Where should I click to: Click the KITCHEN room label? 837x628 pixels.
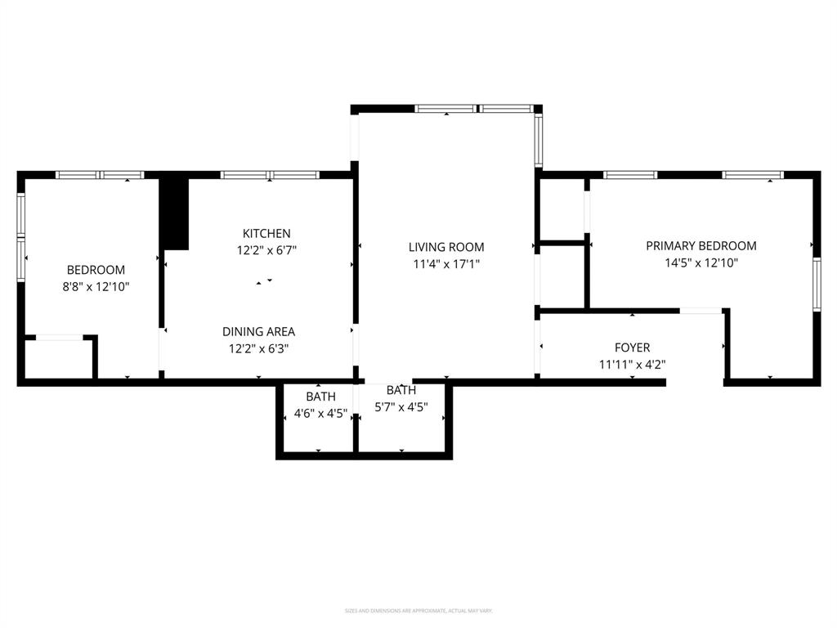[266, 234]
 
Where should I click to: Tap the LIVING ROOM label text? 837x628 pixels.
[446, 247]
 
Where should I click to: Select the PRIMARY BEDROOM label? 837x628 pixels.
[700, 245]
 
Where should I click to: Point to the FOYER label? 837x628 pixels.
[632, 348]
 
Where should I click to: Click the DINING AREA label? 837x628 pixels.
[258, 331]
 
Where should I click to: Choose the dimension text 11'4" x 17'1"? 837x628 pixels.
[446, 264]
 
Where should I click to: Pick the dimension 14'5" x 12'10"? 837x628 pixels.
[700, 262]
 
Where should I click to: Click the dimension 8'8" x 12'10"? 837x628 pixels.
[96, 287]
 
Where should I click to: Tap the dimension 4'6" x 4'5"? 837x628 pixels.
[320, 413]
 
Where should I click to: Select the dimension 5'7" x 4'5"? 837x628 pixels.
[401, 406]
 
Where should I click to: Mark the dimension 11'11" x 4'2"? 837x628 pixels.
[632, 365]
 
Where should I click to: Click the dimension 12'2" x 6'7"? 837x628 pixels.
[266, 251]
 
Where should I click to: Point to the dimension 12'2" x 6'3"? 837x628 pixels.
[258, 348]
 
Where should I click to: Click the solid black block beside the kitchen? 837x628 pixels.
[173, 213]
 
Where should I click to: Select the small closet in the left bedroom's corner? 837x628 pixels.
[58, 359]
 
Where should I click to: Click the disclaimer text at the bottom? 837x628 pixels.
[418, 611]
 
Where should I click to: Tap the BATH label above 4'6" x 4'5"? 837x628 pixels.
[320, 396]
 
